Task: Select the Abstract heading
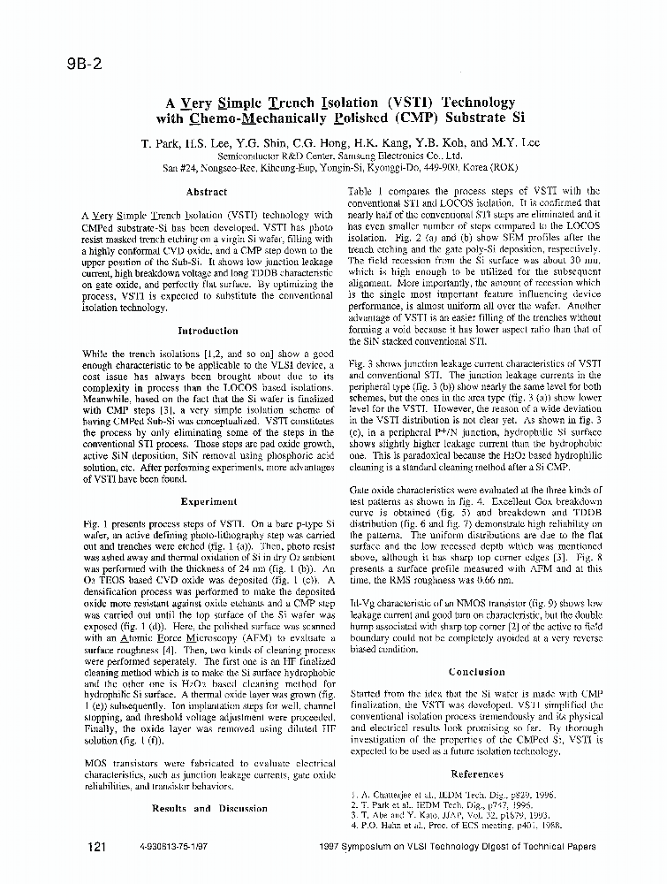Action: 208,191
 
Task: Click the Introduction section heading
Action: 208,331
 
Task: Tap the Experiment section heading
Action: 208,501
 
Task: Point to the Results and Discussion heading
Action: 209,808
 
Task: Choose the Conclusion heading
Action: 476,672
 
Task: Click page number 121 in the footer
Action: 97,847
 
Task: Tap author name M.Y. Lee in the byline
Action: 516,142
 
